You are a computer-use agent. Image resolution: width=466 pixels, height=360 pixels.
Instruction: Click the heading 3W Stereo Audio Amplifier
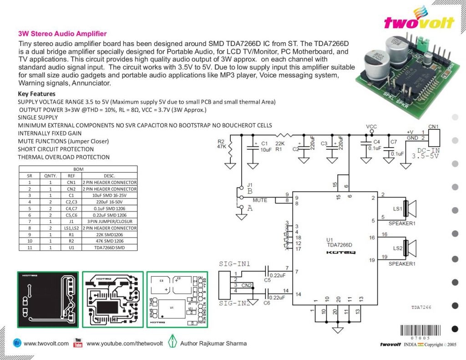62,34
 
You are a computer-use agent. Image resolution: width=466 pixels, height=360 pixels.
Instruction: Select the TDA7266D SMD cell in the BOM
109,248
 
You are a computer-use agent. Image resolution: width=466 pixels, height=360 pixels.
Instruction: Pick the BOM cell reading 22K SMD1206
109,234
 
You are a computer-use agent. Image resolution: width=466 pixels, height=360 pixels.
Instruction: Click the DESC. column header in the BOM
109,176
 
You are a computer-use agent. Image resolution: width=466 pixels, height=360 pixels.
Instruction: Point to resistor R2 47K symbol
230,148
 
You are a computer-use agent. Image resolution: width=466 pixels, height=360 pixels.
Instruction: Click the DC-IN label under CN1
429,150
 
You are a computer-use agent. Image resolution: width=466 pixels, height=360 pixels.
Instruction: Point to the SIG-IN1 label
235,264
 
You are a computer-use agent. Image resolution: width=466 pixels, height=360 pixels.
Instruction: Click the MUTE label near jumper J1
260,200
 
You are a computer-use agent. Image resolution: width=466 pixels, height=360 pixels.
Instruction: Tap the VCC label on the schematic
371,126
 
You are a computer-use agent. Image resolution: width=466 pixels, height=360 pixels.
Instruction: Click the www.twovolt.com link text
46,343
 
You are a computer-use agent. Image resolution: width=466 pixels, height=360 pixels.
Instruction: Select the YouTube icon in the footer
78,343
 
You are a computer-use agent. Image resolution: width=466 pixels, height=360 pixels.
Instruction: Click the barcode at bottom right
420,331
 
